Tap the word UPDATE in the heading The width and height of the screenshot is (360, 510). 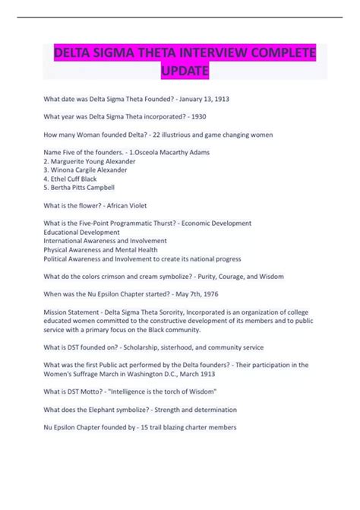[183, 71]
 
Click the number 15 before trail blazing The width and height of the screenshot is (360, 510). [131, 426]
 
